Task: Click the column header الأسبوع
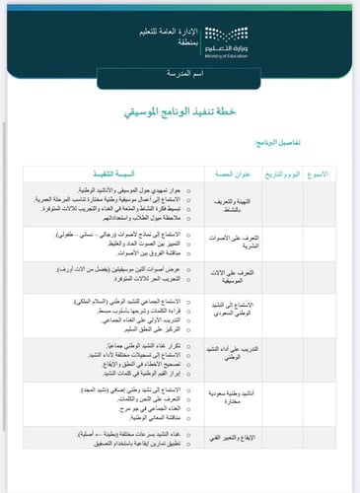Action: point(324,173)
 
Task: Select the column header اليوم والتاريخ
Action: point(286,173)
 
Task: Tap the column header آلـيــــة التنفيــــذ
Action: point(137,173)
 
